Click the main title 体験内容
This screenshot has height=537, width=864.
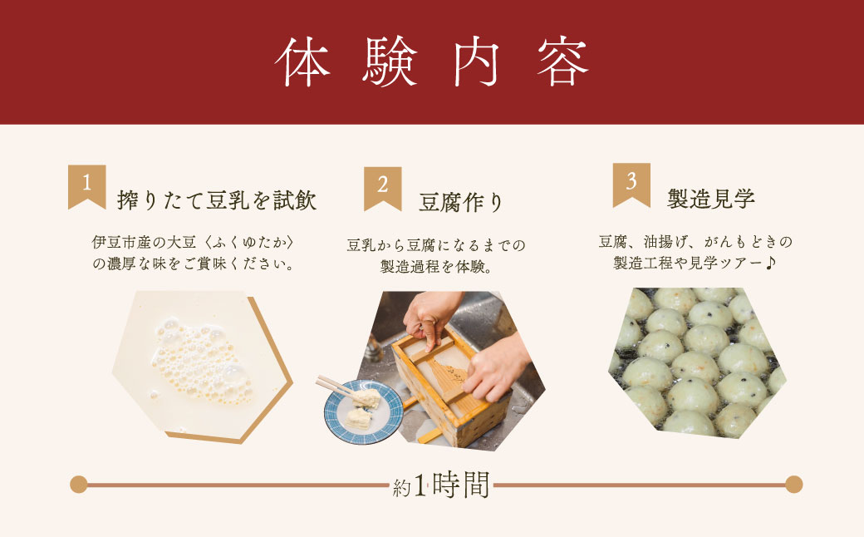point(432,62)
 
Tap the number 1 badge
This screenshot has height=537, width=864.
point(86,185)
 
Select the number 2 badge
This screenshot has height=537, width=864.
point(382,185)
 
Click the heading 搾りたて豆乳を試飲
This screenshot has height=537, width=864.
point(218,200)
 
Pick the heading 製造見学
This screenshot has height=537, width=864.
point(711,200)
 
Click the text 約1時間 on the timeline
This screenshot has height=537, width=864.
point(441,485)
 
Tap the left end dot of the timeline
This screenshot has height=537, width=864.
point(79,484)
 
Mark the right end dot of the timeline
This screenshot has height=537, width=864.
point(793,484)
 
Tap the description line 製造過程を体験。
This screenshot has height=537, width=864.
point(432,267)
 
